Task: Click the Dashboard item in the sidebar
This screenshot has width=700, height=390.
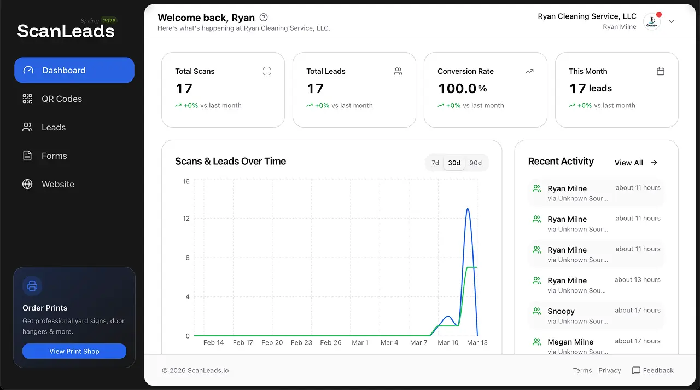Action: (74, 70)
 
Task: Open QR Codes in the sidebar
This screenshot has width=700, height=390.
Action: (61, 99)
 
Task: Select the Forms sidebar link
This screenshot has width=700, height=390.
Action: (54, 156)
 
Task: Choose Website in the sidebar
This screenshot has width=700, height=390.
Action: (57, 184)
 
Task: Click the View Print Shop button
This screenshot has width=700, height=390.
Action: (74, 351)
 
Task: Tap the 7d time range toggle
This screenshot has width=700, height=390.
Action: (435, 163)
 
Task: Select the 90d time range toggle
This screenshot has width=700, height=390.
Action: (476, 163)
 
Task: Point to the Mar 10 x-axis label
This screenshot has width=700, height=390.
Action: (448, 342)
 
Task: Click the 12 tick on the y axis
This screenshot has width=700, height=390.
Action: (186, 219)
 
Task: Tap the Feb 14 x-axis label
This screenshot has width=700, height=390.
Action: (213, 342)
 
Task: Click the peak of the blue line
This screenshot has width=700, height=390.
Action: (468, 209)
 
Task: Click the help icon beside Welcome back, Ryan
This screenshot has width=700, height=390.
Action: (264, 18)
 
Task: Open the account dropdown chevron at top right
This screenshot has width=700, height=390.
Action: (672, 22)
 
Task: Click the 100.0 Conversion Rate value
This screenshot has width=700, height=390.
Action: (457, 88)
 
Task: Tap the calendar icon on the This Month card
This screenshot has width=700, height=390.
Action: (661, 71)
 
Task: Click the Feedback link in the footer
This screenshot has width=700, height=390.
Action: (652, 370)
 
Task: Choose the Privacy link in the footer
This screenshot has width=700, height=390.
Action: (609, 370)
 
